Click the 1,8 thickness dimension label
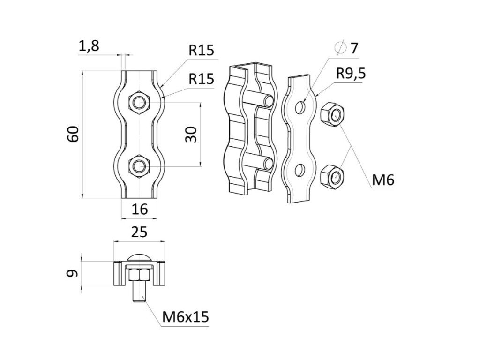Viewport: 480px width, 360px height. point(89,46)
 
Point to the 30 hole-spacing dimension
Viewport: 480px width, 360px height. point(192,135)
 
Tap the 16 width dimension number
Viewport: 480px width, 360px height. point(140,209)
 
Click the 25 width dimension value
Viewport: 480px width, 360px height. point(139,232)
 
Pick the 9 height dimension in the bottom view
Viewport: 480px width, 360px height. point(73,273)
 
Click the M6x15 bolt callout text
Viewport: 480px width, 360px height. point(186,317)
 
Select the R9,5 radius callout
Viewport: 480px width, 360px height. point(351,74)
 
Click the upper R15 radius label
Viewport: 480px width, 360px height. point(201,50)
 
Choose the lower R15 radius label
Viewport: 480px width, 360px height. point(201,79)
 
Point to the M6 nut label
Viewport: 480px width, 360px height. point(383,180)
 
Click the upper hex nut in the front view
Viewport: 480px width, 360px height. point(139,102)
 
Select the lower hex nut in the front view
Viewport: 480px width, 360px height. point(139,166)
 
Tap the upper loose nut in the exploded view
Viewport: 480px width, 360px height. point(332,114)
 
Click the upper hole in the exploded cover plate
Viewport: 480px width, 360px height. point(300,106)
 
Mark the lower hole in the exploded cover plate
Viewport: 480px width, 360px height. point(300,171)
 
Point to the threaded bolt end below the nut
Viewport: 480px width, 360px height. point(139,292)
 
